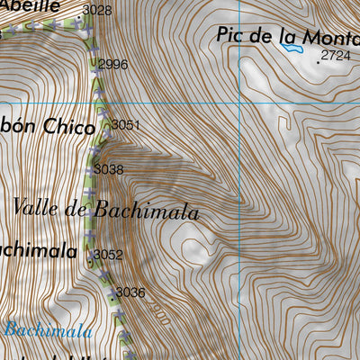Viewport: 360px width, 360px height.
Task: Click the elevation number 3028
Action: pos(96,11)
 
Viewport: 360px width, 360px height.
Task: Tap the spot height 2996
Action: pos(112,64)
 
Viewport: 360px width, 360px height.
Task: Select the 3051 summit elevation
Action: pos(127,125)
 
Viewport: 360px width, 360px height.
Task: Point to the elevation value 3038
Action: pos(108,168)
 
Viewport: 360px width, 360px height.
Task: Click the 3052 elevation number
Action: pos(108,255)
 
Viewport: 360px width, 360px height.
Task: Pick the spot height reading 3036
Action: pos(130,292)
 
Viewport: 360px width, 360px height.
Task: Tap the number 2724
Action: pos(335,56)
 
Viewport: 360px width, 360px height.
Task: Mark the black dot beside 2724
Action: pos(318,62)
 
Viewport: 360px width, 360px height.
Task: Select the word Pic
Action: pos(232,35)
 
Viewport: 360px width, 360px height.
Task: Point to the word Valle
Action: pos(38,208)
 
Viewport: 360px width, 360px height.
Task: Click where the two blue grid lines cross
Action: pos(243,103)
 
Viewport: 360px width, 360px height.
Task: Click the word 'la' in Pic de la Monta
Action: pos(288,36)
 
